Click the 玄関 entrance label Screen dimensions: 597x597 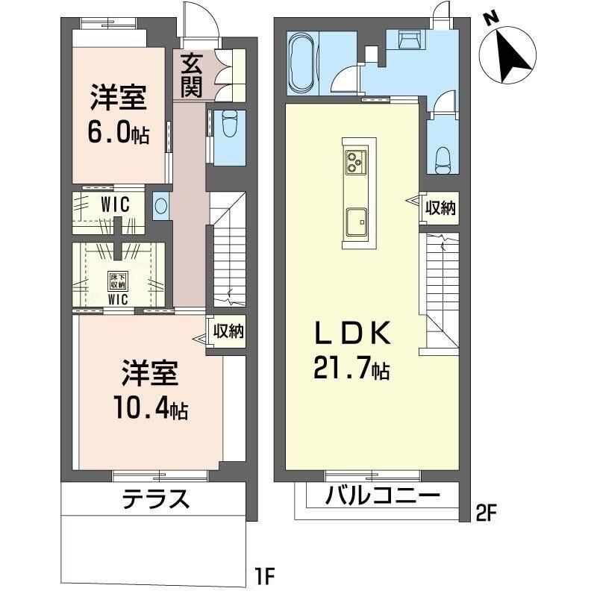[x=191, y=75]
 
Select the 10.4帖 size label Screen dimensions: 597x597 [x=151, y=408]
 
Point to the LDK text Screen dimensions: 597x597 [x=352, y=333]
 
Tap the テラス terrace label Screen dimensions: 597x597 [x=155, y=499]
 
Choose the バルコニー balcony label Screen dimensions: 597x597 [x=382, y=496]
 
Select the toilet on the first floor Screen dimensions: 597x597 [x=229, y=123]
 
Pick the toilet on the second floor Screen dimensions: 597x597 [x=442, y=160]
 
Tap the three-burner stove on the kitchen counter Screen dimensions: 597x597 [x=356, y=162]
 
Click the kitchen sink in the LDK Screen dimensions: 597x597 [x=357, y=222]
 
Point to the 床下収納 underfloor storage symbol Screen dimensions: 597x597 [x=118, y=281]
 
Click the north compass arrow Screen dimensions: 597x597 [x=512, y=57]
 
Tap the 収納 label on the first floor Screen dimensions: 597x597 [x=228, y=331]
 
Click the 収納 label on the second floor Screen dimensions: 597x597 [x=440, y=207]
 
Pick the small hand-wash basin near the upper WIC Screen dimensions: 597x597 [x=161, y=206]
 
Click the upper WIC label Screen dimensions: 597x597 [x=115, y=204]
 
